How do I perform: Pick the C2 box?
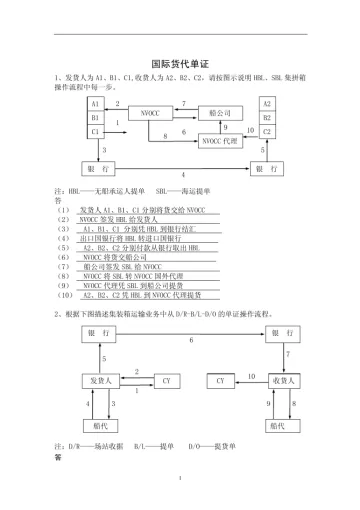point(266,131)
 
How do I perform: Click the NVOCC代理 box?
point(224,141)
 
